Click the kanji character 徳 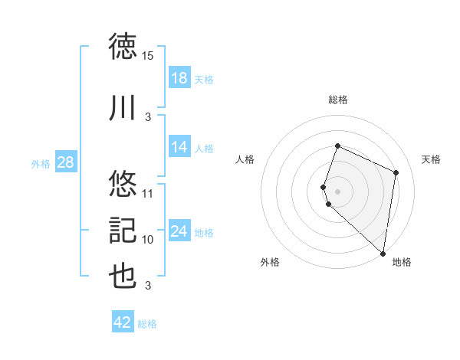point(123,47)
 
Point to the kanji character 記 point(123,231)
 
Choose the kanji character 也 point(123,277)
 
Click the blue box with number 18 point(179,77)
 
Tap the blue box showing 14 point(179,147)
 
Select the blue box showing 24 point(179,231)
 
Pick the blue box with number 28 point(65,162)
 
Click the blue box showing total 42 point(123,322)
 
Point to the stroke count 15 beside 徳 point(148,56)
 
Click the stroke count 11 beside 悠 point(148,193)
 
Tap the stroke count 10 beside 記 point(148,240)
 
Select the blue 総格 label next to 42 point(147,324)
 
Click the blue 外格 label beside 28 point(41,163)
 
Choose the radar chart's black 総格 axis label point(338,100)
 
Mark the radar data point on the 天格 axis point(396,172)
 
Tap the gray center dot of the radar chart point(338,191)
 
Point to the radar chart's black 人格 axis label point(245,159)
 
